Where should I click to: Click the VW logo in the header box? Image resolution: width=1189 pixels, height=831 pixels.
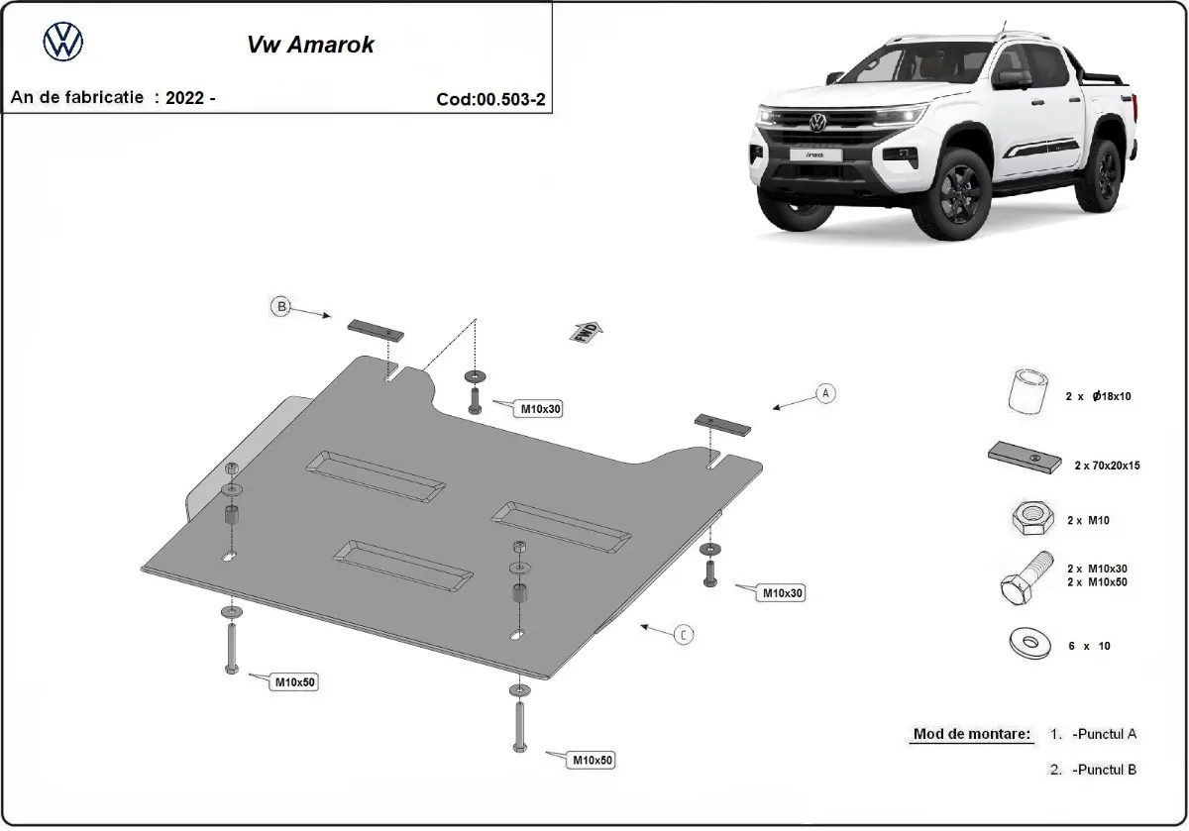click(x=63, y=42)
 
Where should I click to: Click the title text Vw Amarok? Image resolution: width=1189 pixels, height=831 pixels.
click(x=309, y=45)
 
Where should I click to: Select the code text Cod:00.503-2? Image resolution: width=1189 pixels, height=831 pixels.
click(x=490, y=99)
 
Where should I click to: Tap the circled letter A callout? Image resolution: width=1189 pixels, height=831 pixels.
click(x=825, y=393)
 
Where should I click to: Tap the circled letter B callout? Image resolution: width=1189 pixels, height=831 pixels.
click(x=281, y=307)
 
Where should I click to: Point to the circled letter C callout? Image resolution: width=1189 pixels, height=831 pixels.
click(x=683, y=635)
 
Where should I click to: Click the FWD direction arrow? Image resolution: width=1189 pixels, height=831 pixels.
click(x=586, y=331)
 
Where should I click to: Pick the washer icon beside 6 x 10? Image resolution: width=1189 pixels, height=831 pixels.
click(x=1027, y=644)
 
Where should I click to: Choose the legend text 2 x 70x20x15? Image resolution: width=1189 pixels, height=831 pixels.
click(x=1107, y=465)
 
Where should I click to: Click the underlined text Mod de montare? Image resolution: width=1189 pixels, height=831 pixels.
click(x=971, y=735)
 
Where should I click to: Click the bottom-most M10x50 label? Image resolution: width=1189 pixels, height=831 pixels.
click(x=592, y=760)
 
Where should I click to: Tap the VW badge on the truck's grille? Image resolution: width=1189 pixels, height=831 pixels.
click(x=817, y=122)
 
